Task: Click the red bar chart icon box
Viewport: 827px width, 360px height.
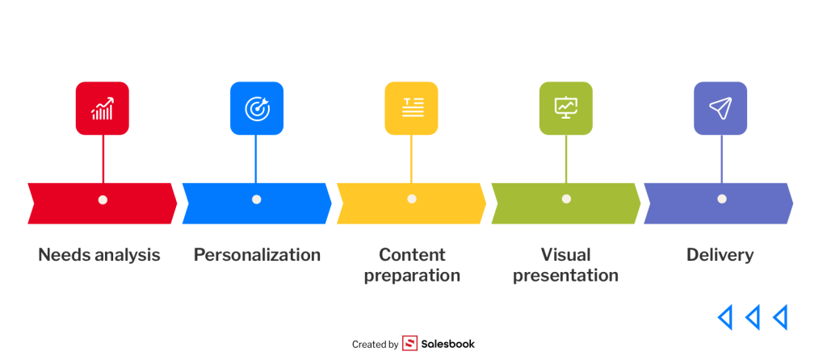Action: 103,108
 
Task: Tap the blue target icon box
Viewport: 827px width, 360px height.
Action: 257,108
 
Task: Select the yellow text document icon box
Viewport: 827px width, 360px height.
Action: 411,108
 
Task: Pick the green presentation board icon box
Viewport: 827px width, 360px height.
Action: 566,108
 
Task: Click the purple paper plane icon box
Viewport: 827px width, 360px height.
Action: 720,108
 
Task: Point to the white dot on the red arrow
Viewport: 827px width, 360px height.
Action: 103,199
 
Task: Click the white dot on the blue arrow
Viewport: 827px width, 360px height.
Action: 256,199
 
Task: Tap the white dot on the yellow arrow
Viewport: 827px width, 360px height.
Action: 412,199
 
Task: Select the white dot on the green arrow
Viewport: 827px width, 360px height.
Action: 566,199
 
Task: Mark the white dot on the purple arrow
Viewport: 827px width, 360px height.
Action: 722,199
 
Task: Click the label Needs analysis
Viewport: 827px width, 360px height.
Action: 99,255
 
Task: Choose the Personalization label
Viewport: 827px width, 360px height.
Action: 257,255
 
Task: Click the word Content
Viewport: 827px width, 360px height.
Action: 412,254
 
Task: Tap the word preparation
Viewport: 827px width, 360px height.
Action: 412,276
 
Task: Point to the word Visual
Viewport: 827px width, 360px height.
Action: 565,254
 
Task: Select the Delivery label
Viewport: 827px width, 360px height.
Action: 720,255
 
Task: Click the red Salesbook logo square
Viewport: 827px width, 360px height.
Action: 409,344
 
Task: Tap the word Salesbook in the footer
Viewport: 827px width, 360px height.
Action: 447,344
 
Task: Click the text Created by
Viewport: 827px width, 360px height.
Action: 375,345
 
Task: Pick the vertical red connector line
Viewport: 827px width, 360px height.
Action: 103,159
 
